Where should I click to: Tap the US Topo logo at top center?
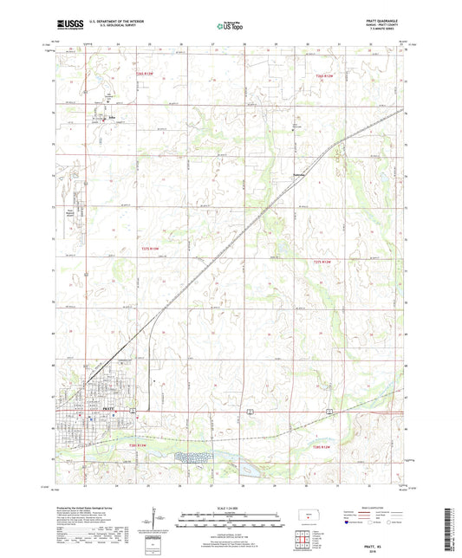click(x=230, y=26)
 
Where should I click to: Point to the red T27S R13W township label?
click(x=151, y=249)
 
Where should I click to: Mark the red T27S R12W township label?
click(x=322, y=261)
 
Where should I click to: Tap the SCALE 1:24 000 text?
click(x=230, y=506)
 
